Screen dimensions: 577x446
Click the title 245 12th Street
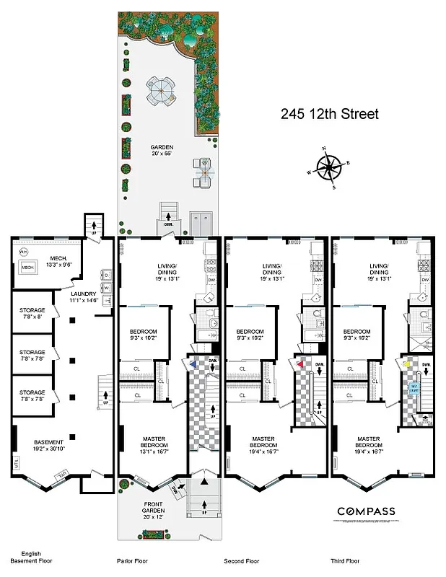pyautogui.click(x=329, y=114)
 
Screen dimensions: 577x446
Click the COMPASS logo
pyautogui.click(x=366, y=511)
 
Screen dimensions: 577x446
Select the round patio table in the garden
pyautogui.click(x=161, y=91)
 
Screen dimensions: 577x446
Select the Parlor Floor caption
pyautogui.click(x=132, y=560)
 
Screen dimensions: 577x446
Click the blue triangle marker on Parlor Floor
pyautogui.click(x=193, y=365)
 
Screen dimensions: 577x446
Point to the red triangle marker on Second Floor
pyautogui.click(x=299, y=365)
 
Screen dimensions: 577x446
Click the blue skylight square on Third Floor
pyautogui.click(x=415, y=388)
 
